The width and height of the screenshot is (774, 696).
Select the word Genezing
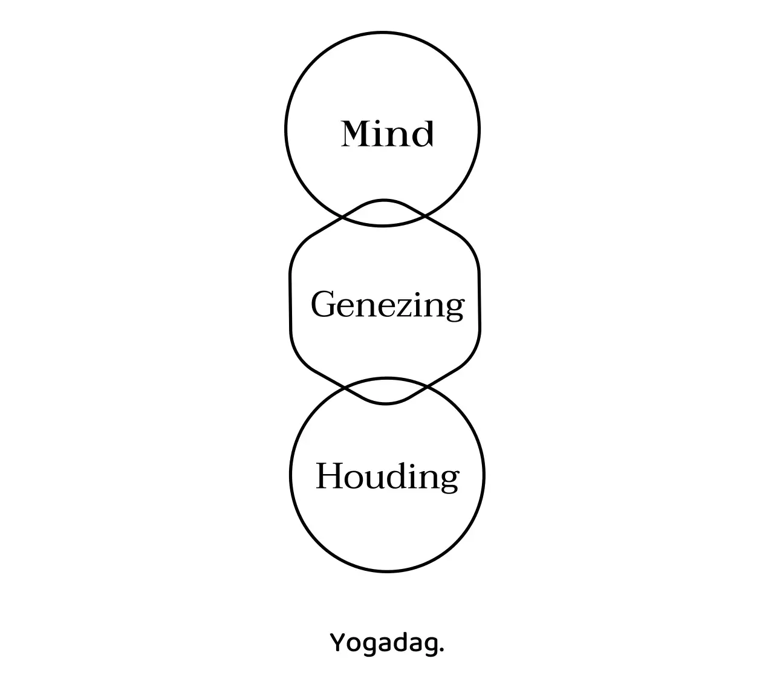(x=387, y=304)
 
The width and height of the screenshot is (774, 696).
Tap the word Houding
(x=387, y=476)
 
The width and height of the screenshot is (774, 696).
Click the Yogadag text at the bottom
(x=387, y=642)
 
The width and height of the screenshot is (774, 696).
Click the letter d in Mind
(x=421, y=133)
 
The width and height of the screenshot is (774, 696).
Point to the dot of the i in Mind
(x=385, y=122)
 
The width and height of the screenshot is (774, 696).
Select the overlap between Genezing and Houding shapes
(x=386, y=391)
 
